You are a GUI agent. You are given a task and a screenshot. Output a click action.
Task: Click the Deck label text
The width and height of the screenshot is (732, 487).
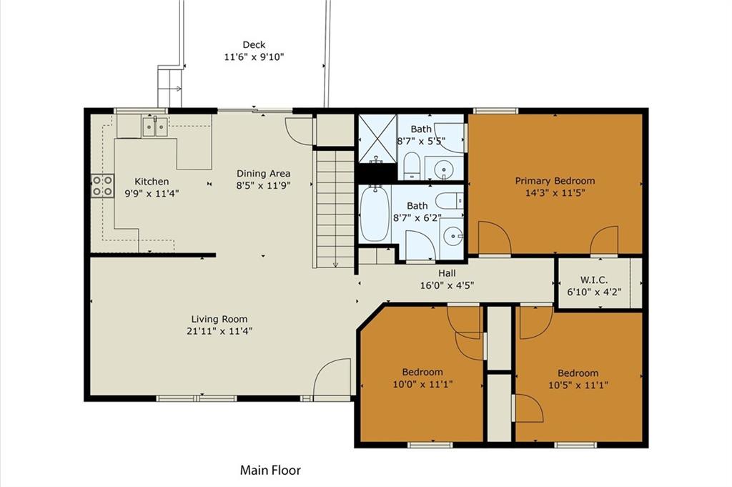click(x=254, y=45)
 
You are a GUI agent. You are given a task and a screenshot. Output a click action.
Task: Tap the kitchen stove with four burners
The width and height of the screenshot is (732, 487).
click(x=102, y=186)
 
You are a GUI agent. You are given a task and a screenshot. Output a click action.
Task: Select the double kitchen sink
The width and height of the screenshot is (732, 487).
click(x=155, y=127)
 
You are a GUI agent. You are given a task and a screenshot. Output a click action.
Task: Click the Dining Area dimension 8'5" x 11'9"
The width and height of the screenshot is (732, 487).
click(x=263, y=185)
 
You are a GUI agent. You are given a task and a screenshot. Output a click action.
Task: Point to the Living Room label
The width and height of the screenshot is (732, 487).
click(x=219, y=320)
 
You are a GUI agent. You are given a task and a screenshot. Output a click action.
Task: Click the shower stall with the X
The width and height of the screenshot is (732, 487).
click(x=377, y=139)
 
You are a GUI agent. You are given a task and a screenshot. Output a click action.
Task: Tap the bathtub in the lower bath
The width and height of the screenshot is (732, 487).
click(x=375, y=214)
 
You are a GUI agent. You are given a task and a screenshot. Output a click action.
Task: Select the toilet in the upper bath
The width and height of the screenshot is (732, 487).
click(x=412, y=165)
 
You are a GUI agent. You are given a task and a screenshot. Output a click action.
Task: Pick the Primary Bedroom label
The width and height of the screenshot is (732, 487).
click(x=555, y=181)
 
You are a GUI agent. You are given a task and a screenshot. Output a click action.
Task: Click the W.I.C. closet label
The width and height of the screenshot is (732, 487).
click(x=594, y=280)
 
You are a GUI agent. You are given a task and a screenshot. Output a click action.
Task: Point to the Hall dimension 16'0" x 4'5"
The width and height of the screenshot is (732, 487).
click(x=447, y=285)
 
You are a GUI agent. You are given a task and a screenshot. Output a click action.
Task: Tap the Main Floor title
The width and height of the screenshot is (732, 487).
click(x=270, y=470)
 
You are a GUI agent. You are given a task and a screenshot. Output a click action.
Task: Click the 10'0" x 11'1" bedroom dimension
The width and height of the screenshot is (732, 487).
click(x=422, y=384)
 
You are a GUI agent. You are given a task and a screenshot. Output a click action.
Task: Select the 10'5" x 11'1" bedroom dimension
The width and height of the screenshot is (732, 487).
click(x=578, y=385)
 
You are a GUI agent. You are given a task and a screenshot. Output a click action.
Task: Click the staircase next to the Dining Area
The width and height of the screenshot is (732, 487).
click(x=335, y=208)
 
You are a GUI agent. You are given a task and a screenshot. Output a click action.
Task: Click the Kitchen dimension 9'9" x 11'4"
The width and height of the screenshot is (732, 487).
click(x=152, y=193)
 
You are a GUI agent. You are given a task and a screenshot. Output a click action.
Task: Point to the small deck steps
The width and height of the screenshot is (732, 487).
click(x=169, y=88)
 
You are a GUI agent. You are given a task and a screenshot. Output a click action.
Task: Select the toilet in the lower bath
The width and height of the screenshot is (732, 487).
click(x=448, y=201)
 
